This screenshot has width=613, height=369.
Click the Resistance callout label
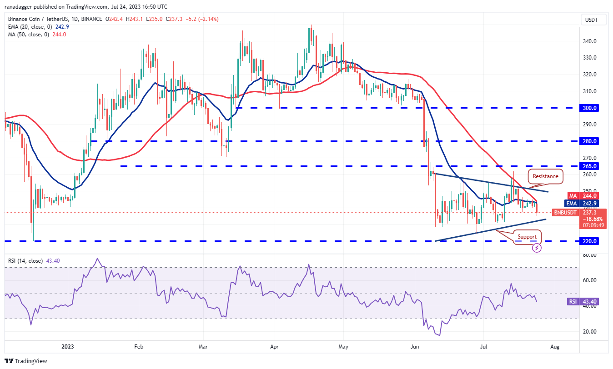(x=545, y=176)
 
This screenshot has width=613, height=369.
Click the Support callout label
(x=527, y=237)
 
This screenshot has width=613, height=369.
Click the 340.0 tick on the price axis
(x=590, y=41)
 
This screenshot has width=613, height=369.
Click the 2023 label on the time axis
(x=67, y=346)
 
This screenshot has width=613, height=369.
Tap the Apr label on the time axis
(x=275, y=346)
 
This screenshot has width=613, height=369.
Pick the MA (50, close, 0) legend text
(x=34, y=34)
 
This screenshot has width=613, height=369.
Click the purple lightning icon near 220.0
(x=537, y=248)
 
